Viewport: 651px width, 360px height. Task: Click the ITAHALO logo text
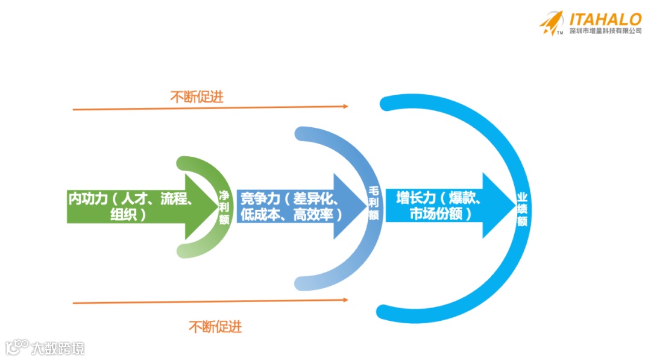pyautogui.click(x=605, y=19)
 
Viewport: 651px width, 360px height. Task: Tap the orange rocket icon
pyautogui.click(x=552, y=23)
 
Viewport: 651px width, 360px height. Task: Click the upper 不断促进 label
pyautogui.click(x=197, y=96)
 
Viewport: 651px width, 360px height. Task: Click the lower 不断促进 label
pyautogui.click(x=215, y=327)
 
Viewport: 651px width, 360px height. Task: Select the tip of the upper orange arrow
pyautogui.click(x=347, y=106)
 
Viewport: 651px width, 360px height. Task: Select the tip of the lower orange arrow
pyautogui.click(x=347, y=300)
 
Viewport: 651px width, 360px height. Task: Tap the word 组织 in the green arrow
pyautogui.click(x=123, y=214)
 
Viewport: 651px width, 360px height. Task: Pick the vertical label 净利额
pyautogui.click(x=224, y=207)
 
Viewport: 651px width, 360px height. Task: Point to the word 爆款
pyautogui.click(x=462, y=198)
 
